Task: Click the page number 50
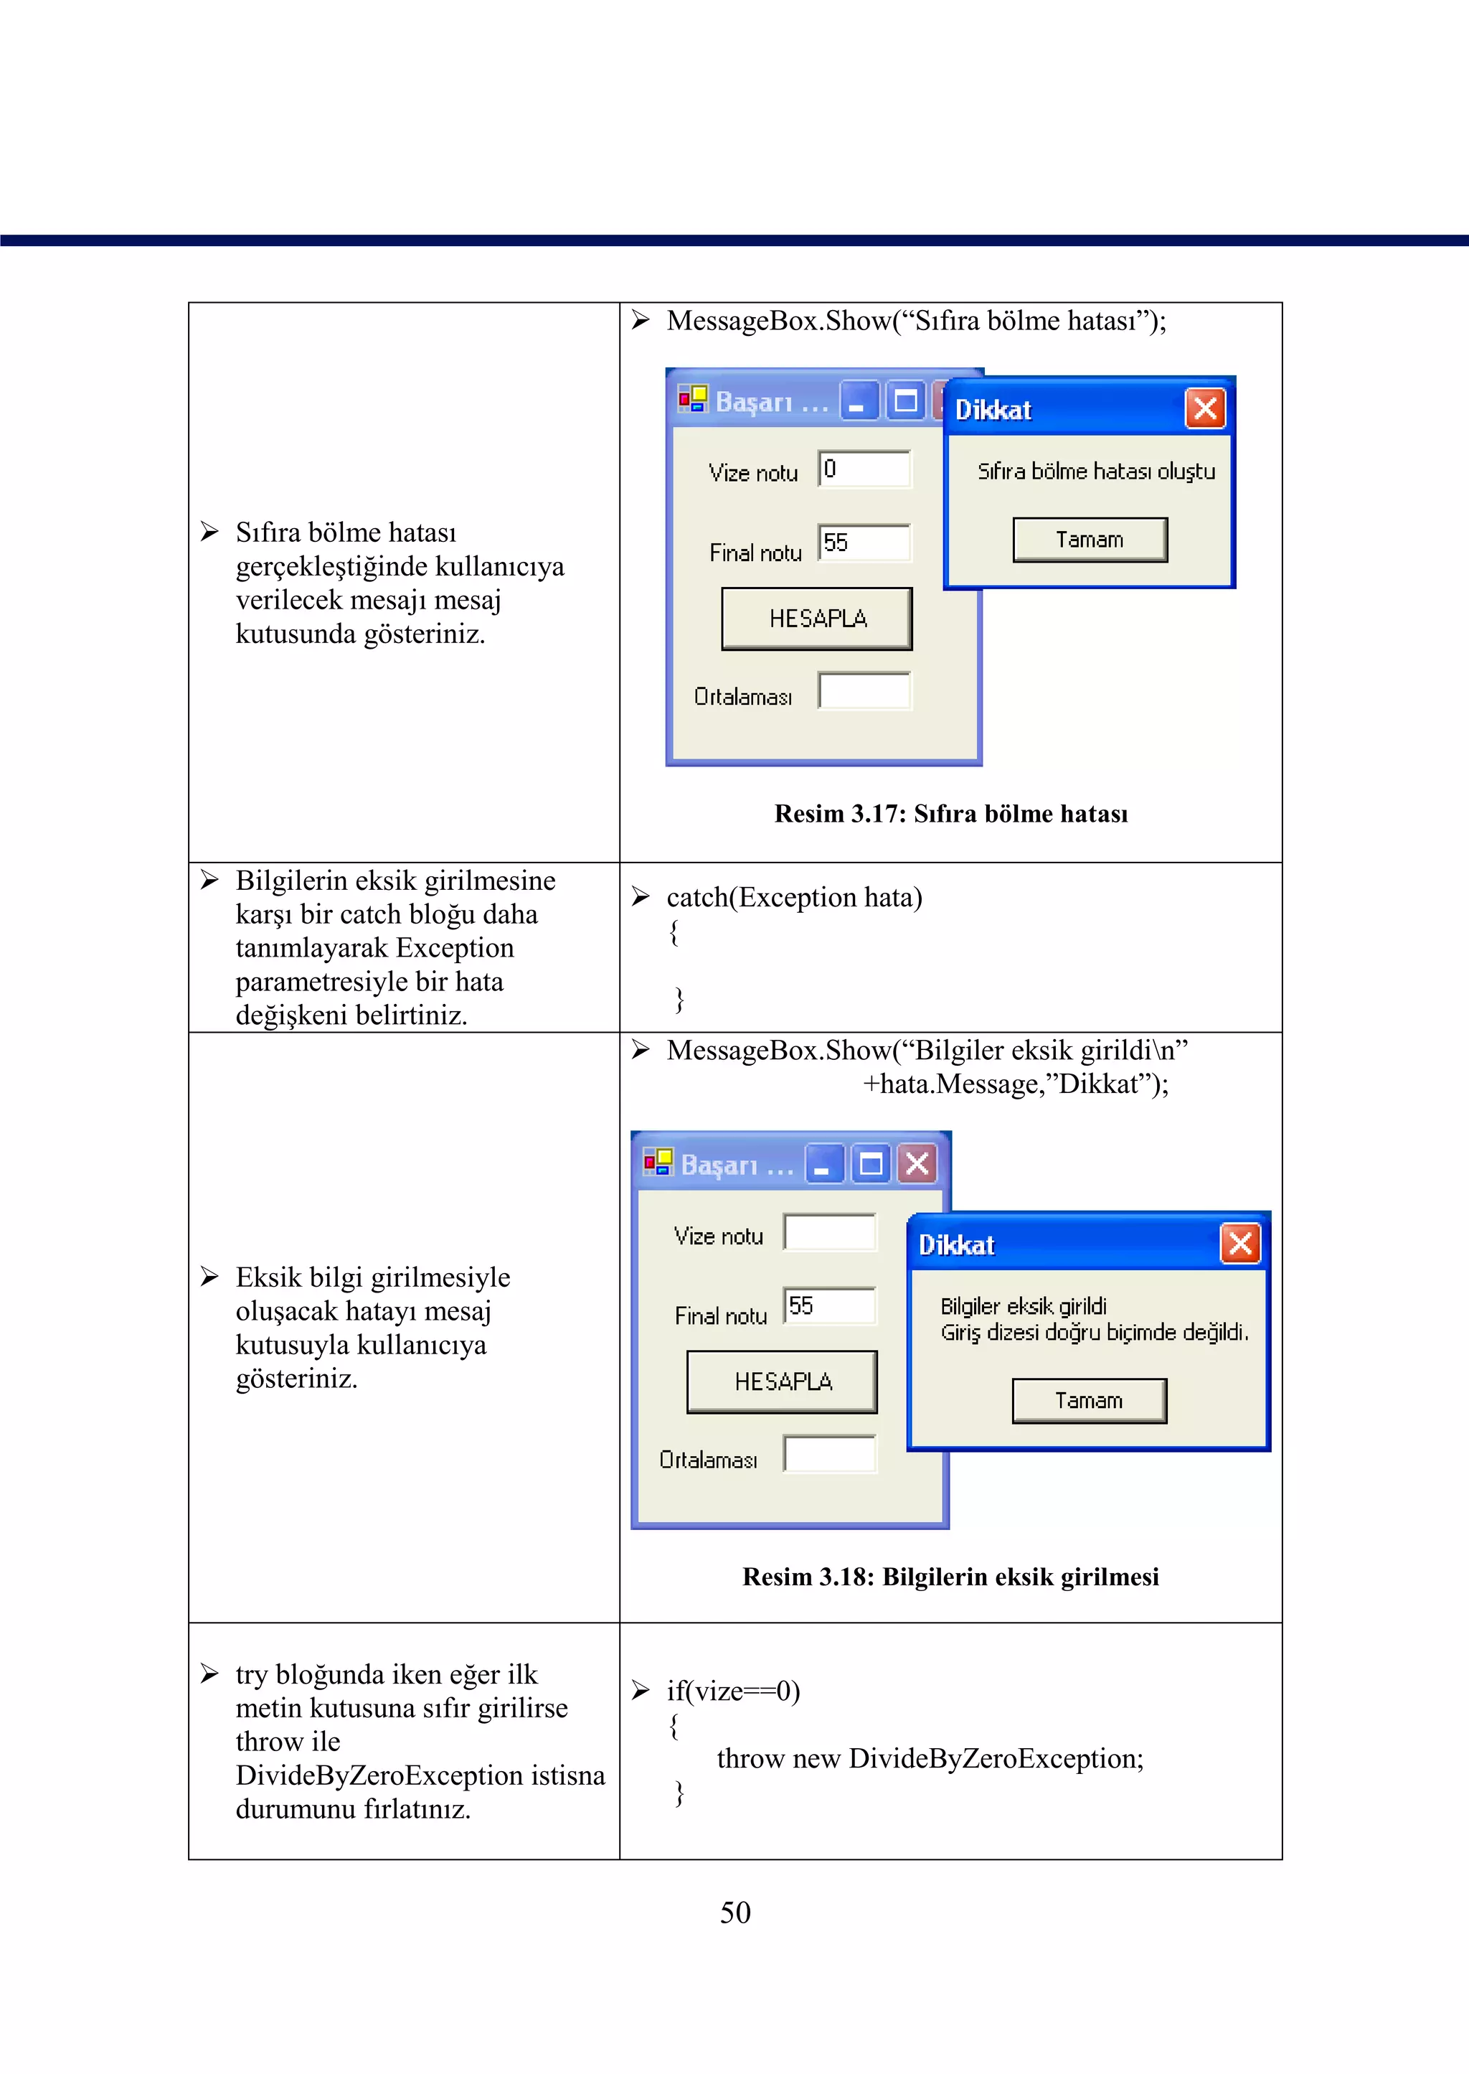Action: [x=734, y=1912]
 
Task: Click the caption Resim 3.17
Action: [x=950, y=814]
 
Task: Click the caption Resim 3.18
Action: [x=950, y=1577]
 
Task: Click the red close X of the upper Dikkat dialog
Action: [x=1205, y=409]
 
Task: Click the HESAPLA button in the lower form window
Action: [x=782, y=1381]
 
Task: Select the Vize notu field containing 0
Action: [x=864, y=469]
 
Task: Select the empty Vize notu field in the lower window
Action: [x=829, y=1232]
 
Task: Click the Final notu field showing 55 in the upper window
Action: [x=864, y=543]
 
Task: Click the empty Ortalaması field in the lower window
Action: [x=829, y=1454]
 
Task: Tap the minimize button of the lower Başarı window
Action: [x=824, y=1164]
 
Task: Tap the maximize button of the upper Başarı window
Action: [x=905, y=401]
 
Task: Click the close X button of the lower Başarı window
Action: [x=917, y=1164]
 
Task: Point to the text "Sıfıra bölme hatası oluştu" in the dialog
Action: [x=1095, y=471]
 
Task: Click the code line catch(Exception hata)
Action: [x=794, y=898]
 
